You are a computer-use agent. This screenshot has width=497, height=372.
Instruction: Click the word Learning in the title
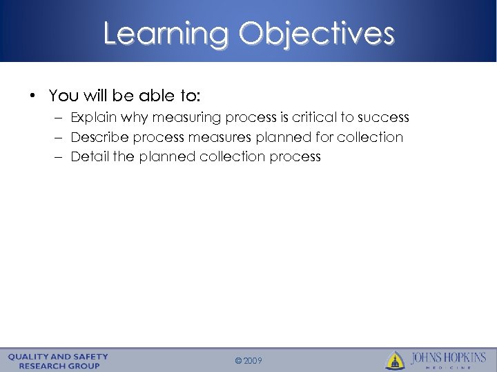(x=165, y=33)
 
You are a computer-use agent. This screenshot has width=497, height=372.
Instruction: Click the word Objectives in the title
(x=317, y=33)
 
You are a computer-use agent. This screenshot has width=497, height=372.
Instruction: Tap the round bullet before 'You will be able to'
(x=33, y=94)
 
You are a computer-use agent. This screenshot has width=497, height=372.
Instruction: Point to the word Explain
(x=95, y=118)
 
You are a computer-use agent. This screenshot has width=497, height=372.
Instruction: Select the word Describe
(x=99, y=137)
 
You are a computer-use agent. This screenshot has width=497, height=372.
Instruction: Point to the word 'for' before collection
(x=323, y=137)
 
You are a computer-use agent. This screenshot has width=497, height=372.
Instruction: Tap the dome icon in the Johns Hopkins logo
(x=395, y=360)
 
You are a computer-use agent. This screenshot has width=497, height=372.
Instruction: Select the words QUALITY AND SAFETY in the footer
(x=59, y=356)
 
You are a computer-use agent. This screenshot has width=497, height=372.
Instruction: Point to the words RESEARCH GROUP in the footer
(x=59, y=365)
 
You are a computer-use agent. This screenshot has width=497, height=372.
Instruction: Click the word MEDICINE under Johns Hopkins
(x=449, y=367)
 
